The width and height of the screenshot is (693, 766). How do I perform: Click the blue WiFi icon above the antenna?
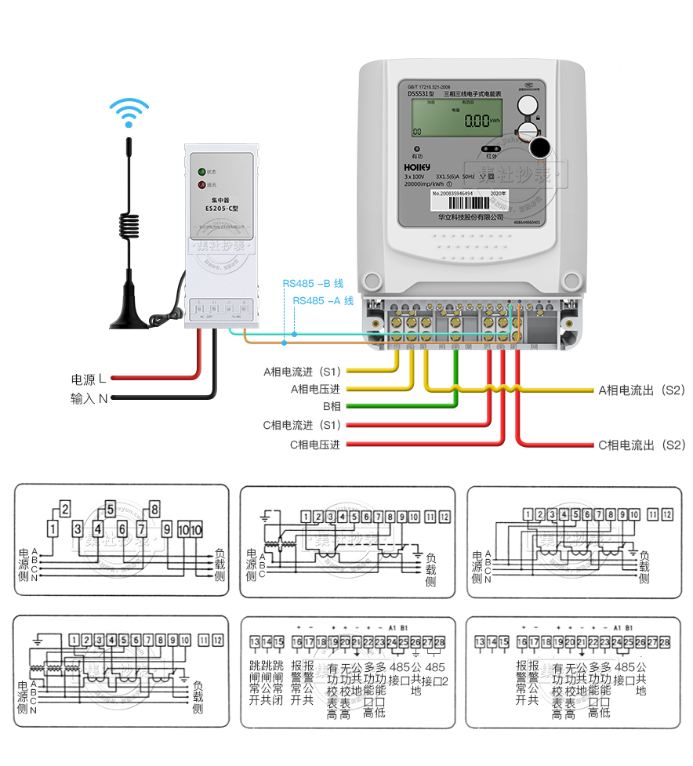pyautogui.click(x=129, y=112)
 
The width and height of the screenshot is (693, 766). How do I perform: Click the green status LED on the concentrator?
pyautogui.click(x=201, y=171)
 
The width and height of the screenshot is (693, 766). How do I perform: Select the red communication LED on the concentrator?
pyautogui.click(x=201, y=185)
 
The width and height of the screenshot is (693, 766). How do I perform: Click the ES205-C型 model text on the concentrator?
pyautogui.click(x=222, y=209)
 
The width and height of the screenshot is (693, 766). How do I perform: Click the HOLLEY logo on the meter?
pyautogui.click(x=416, y=167)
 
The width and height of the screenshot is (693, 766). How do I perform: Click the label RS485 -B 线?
pyautogui.click(x=313, y=284)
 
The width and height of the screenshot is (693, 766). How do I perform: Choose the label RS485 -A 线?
pyautogui.click(x=323, y=300)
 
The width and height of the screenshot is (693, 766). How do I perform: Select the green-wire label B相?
pyautogui.click(x=332, y=406)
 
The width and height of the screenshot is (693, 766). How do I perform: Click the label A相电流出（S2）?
pyautogui.click(x=642, y=389)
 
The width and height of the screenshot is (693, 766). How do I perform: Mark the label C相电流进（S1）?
pyautogui.click(x=302, y=425)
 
